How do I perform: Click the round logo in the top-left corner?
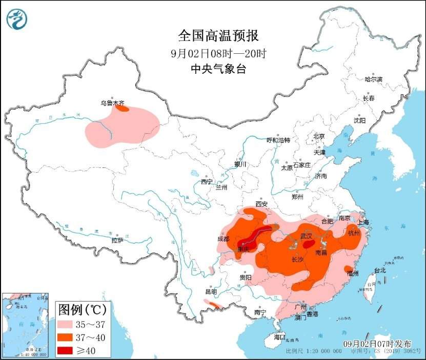coord(17,19)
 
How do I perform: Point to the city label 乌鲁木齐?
coord(112,103)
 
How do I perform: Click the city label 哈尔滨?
coord(373,79)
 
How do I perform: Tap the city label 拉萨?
coord(117,240)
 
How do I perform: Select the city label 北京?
coord(319,136)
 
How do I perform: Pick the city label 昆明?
coord(211,291)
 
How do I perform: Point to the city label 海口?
coord(279,337)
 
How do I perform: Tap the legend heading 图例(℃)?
coord(82,310)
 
